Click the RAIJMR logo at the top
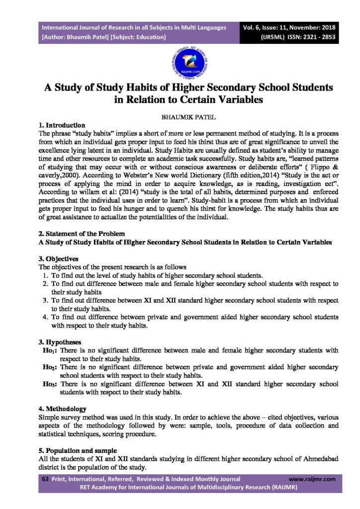(180, 59)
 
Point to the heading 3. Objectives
(58, 258)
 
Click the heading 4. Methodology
(62, 409)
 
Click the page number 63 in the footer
(44, 479)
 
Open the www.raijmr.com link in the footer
(312, 479)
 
